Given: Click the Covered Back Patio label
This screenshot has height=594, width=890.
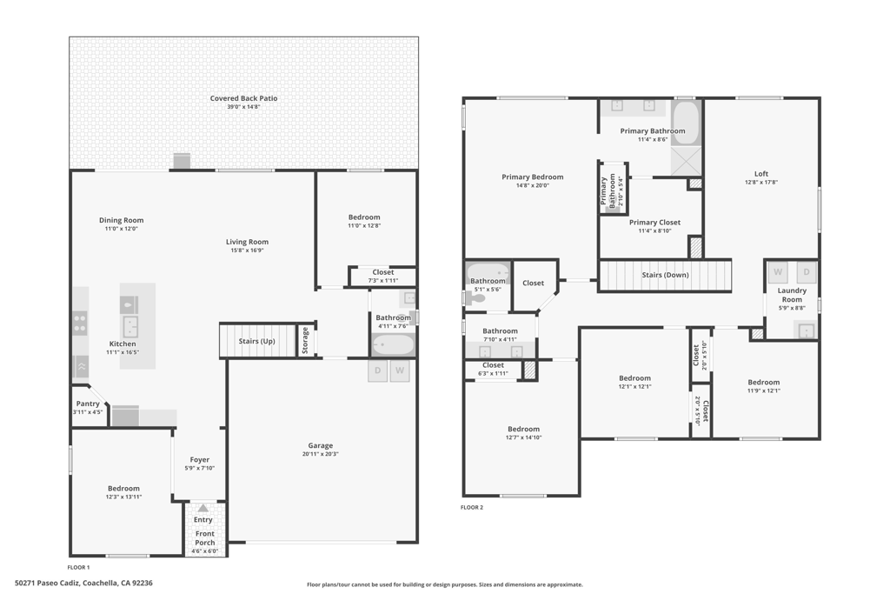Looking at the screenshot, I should pyautogui.click(x=243, y=98).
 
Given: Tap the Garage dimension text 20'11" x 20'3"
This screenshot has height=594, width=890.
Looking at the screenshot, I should pyautogui.click(x=320, y=453).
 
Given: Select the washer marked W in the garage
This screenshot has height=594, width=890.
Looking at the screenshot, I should pyautogui.click(x=400, y=370).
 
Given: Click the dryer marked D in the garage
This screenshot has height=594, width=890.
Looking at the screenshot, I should pyautogui.click(x=377, y=370).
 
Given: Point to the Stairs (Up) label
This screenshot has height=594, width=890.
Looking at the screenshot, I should pyautogui.click(x=256, y=341).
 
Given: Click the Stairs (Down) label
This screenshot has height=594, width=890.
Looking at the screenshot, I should pyautogui.click(x=665, y=275).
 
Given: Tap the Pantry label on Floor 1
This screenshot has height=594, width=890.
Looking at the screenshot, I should pyautogui.click(x=88, y=404).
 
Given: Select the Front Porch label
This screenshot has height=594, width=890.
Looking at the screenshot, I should pyautogui.click(x=205, y=537).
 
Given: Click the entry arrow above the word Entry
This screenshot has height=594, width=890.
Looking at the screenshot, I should pyautogui.click(x=203, y=508).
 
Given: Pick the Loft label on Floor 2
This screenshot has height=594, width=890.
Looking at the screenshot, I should pyautogui.click(x=760, y=174).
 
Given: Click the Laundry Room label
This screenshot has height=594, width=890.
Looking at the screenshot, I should pyautogui.click(x=791, y=295).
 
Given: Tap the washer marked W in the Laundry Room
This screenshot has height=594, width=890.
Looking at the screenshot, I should pyautogui.click(x=777, y=272).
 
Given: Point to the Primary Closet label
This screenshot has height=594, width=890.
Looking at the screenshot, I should pyautogui.click(x=654, y=223).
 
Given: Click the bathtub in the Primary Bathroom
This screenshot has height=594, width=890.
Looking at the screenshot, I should pyautogui.click(x=685, y=123).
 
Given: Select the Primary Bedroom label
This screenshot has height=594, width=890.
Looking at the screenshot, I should pyautogui.click(x=532, y=177).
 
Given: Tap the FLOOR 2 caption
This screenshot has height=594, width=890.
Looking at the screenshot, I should pyautogui.click(x=472, y=507).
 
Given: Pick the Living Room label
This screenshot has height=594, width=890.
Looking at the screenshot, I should pyautogui.click(x=247, y=242).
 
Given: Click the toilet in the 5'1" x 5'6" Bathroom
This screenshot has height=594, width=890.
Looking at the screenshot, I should pyautogui.click(x=475, y=297).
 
